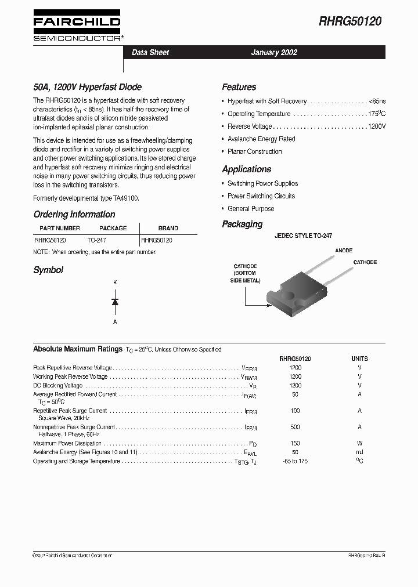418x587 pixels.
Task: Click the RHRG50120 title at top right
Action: [351, 21]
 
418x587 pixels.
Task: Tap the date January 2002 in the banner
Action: [274, 52]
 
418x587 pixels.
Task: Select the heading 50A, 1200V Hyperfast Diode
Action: [87, 87]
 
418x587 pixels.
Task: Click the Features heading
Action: [239, 87]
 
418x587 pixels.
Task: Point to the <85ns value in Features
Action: [377, 101]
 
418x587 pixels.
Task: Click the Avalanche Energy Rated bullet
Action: [261, 139]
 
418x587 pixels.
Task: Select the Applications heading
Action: [246, 169]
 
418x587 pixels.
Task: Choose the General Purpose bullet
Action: [251, 209]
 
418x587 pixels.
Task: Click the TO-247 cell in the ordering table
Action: [97, 240]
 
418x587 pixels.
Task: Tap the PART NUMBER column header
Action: [60, 228]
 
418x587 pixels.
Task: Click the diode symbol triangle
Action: [115, 302]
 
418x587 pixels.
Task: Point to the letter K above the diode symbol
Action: [115, 282]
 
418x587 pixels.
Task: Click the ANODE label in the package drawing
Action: [344, 251]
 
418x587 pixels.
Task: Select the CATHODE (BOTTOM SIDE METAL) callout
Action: [245, 273]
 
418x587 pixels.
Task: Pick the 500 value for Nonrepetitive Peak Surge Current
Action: [295, 427]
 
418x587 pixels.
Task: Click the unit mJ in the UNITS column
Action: [359, 452]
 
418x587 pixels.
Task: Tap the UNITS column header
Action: [359, 358]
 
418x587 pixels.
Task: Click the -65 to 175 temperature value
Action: [295, 461]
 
